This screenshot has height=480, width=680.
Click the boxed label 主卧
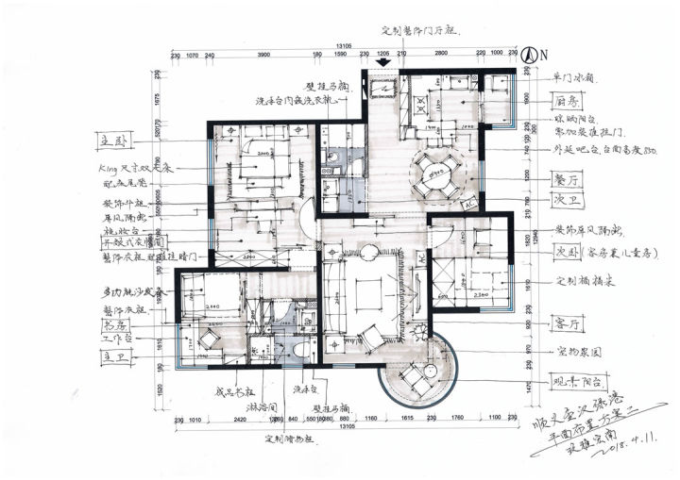[113, 141]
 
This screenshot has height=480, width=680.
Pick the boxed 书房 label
[112, 323]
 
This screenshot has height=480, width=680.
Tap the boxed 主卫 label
[113, 357]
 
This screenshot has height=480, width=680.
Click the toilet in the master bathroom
[299, 350]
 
